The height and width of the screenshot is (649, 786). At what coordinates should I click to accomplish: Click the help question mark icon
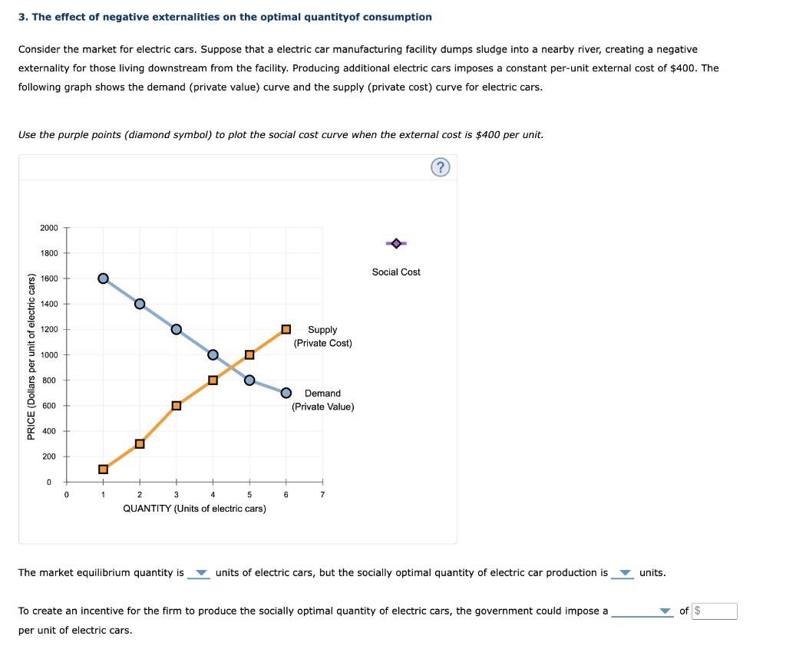(x=440, y=168)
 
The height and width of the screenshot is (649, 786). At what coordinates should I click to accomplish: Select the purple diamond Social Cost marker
(x=396, y=243)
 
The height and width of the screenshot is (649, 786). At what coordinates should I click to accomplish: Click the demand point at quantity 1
(x=103, y=278)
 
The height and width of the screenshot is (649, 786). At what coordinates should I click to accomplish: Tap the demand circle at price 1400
(x=140, y=304)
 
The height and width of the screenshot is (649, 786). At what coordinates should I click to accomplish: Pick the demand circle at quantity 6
(x=286, y=393)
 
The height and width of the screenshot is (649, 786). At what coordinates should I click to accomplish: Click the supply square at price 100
(x=103, y=469)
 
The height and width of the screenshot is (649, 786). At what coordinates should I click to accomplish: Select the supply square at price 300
(x=140, y=443)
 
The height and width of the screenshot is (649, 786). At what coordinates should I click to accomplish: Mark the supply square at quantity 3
(x=176, y=406)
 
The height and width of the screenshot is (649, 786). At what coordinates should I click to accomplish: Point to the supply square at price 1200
(x=286, y=329)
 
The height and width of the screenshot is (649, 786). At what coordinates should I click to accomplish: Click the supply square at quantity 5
(x=249, y=354)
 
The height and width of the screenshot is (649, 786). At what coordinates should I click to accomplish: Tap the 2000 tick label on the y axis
(x=48, y=228)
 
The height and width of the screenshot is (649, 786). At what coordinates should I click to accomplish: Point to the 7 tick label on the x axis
(x=322, y=495)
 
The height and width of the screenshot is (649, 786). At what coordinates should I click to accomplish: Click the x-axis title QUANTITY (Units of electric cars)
(x=194, y=509)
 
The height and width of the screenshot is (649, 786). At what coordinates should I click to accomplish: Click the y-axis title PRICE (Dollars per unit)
(x=31, y=357)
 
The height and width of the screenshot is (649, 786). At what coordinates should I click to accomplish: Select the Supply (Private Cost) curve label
(x=322, y=336)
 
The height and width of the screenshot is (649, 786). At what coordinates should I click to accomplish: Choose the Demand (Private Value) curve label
(x=322, y=400)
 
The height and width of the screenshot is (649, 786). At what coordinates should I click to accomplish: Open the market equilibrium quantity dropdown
(x=200, y=574)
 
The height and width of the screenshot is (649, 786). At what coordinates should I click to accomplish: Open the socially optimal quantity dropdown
(x=623, y=574)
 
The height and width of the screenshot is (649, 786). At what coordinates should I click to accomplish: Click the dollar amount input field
(x=715, y=611)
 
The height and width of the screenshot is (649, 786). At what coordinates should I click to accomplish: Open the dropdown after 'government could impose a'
(x=642, y=611)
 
